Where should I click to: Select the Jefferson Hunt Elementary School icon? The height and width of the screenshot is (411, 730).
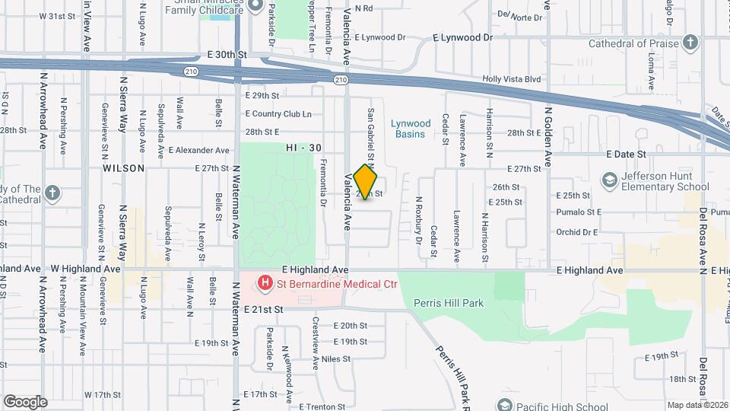608,180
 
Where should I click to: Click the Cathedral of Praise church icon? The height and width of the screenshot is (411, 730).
690,42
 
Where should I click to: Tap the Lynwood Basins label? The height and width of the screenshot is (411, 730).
411,129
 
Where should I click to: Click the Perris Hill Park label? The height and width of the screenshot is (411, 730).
449,303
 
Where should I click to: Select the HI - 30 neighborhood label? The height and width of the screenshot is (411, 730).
301,147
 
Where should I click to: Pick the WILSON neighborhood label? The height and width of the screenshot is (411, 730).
123,168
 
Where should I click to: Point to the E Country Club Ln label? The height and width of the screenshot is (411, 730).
278,114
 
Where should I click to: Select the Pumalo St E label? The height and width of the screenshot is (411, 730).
579,212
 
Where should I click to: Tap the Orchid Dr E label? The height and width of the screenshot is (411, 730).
577,232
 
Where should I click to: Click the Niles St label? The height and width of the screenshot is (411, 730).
335,358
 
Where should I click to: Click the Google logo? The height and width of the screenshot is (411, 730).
25,402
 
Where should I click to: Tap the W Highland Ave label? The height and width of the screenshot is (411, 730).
86,269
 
